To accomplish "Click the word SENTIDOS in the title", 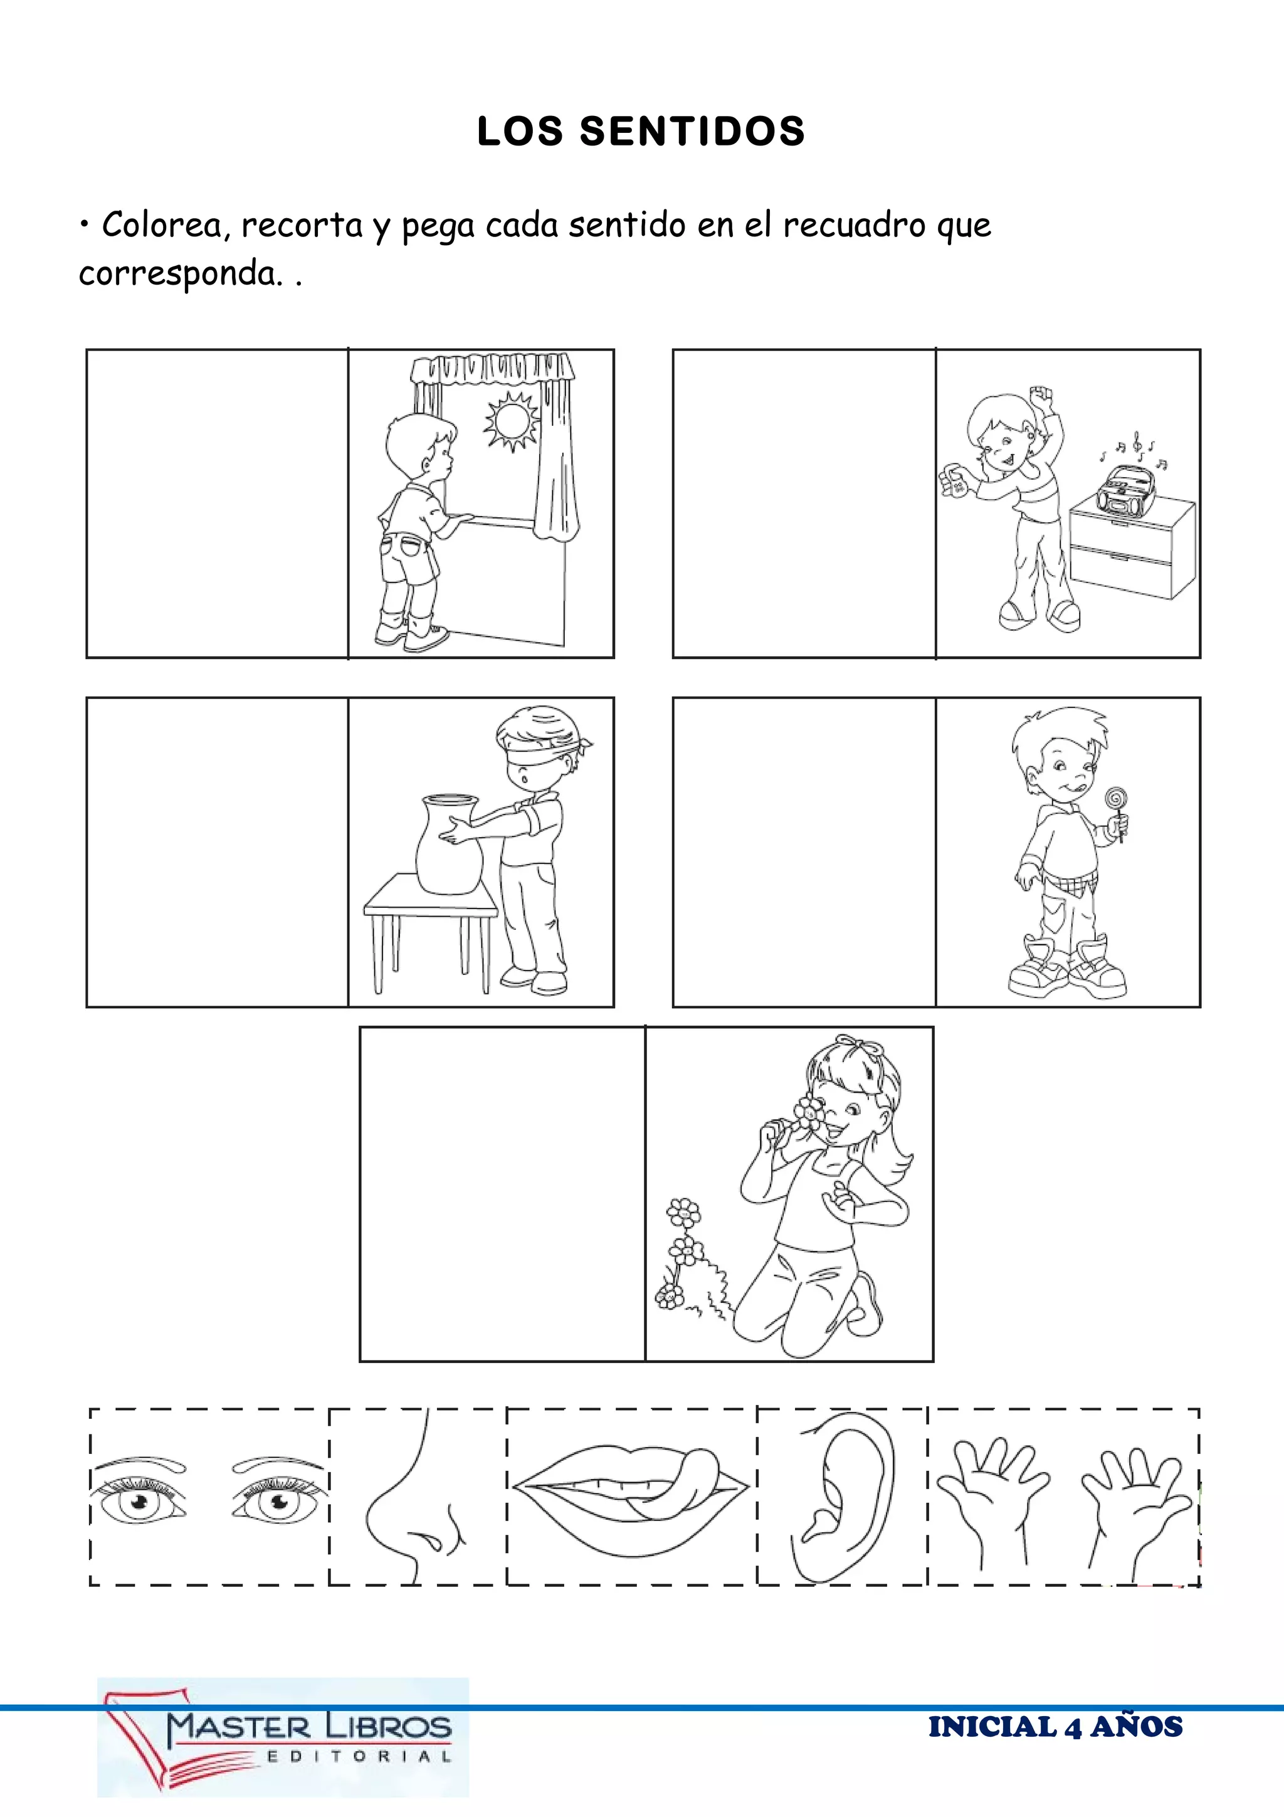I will point(692,132).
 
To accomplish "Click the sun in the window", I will point(510,419).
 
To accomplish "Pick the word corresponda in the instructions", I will point(179,275).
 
